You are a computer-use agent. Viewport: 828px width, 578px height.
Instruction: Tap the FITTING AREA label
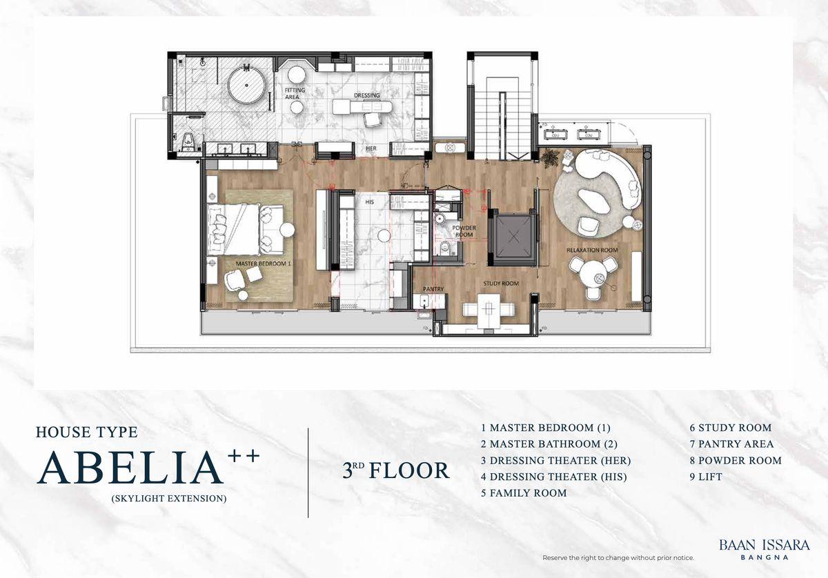tap(294, 94)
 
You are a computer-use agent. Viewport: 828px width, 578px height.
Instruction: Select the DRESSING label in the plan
tap(366, 95)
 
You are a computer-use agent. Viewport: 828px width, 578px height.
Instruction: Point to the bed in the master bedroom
tap(234, 230)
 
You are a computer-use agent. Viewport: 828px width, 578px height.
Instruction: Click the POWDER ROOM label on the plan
tap(464, 231)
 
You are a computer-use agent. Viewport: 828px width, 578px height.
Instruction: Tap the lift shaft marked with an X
tap(513, 236)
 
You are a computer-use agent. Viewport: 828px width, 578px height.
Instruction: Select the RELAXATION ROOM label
tap(592, 250)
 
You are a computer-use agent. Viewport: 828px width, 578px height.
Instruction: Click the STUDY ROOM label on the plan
tap(501, 283)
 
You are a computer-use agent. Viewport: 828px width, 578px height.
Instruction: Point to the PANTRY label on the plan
tap(433, 289)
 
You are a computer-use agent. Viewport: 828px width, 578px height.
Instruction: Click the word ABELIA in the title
tap(130, 468)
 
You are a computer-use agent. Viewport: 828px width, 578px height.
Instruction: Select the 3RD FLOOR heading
tap(396, 470)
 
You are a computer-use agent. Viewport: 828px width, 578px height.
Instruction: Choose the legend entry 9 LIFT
tap(706, 477)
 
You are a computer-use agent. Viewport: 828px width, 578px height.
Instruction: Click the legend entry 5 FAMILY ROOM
tap(524, 493)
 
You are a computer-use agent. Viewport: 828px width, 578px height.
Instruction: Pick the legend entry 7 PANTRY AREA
tap(731, 444)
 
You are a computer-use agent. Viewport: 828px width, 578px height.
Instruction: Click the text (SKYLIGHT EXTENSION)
tap(169, 499)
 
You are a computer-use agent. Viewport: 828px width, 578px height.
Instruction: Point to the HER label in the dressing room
tap(371, 148)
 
